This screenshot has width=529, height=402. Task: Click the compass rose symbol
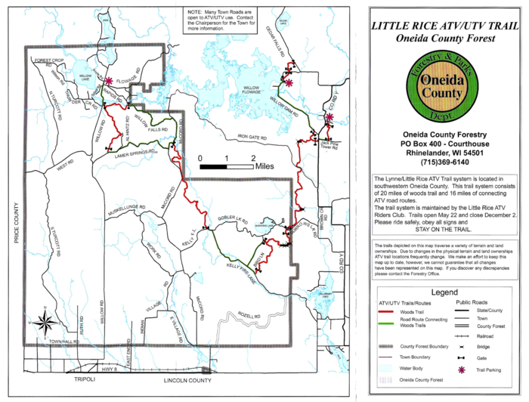pos(45,322)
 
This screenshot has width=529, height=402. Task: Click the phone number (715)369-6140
pos(442,163)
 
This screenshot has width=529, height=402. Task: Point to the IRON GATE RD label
pos(253,137)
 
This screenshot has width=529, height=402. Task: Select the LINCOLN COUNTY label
pos(180,382)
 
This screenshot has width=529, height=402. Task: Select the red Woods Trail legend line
pos(387,311)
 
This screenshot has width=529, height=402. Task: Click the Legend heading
pos(443,292)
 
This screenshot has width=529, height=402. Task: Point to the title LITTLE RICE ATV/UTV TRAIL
pos(443,25)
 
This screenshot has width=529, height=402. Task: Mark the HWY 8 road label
pos(111,370)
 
